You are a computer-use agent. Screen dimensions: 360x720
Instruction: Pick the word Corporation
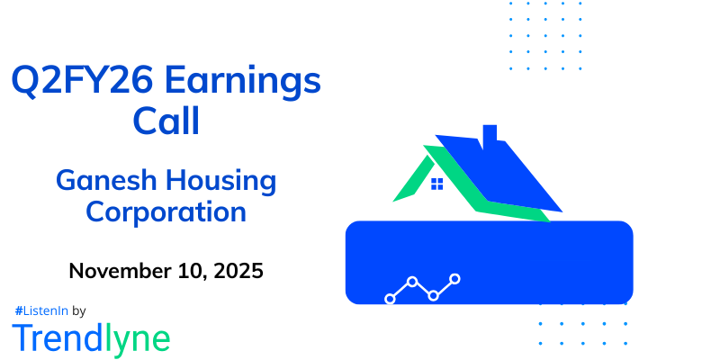click(166, 212)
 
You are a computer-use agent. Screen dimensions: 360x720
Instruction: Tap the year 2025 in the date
click(236, 271)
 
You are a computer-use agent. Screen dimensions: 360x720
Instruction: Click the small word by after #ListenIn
click(79, 310)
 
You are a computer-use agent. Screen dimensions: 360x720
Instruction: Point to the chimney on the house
click(490, 136)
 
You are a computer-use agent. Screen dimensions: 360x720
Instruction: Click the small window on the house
click(436, 184)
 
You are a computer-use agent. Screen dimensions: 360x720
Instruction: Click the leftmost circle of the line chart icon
click(391, 298)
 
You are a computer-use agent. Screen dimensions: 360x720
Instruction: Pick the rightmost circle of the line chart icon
click(455, 279)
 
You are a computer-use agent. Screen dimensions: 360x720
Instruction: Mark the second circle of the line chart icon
click(412, 282)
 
